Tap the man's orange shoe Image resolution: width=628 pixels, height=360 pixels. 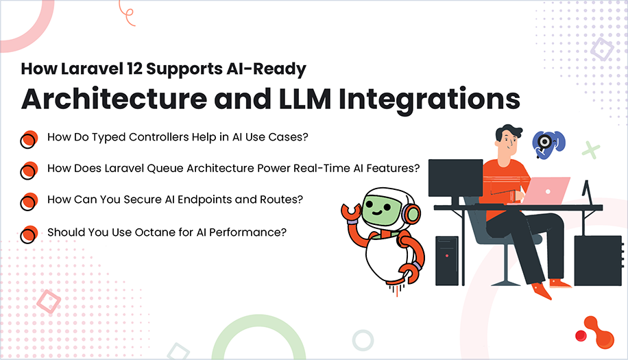click(542, 291)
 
